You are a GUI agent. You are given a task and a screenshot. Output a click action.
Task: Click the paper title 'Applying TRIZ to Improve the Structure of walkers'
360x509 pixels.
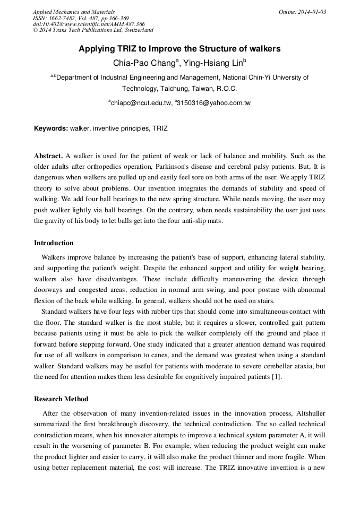click(x=179, y=49)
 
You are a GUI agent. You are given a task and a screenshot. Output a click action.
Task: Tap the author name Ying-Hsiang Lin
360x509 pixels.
click(x=212, y=63)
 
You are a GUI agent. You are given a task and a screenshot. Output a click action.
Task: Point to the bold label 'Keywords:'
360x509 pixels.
click(x=51, y=128)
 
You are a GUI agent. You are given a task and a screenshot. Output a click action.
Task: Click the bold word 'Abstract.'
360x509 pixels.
click(x=48, y=156)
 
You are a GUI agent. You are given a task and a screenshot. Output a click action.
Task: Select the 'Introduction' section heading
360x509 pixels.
click(x=54, y=243)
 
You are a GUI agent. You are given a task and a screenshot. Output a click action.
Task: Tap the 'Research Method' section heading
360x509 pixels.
click(x=61, y=399)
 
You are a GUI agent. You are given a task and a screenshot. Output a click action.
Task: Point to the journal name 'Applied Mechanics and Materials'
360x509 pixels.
click(x=73, y=12)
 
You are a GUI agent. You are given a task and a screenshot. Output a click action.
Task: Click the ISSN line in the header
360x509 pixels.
click(x=81, y=18)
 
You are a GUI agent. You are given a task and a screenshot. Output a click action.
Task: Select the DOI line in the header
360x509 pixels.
click(x=89, y=24)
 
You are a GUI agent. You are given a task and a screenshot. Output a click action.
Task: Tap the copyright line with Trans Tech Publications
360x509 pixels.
click(x=93, y=30)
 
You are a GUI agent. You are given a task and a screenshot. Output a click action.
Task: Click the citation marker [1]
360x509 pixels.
click(x=277, y=377)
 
